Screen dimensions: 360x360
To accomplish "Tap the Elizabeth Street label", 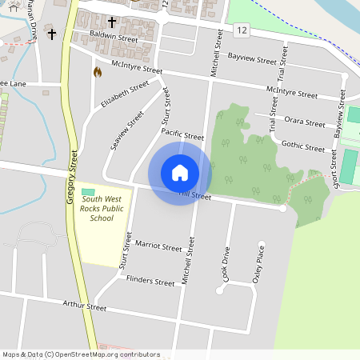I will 125,94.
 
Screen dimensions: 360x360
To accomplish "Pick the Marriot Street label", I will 158,246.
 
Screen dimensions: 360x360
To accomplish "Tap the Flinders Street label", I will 150,282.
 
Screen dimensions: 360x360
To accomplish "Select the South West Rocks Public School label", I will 102,207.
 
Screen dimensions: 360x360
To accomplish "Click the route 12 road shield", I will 241,30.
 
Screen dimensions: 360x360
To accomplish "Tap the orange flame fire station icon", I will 98,72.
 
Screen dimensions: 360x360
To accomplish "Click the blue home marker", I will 180,173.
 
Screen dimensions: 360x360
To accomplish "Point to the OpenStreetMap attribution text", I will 81,354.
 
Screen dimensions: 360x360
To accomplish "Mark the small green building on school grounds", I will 86,190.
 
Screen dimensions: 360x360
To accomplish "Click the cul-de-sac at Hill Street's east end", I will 282,208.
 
